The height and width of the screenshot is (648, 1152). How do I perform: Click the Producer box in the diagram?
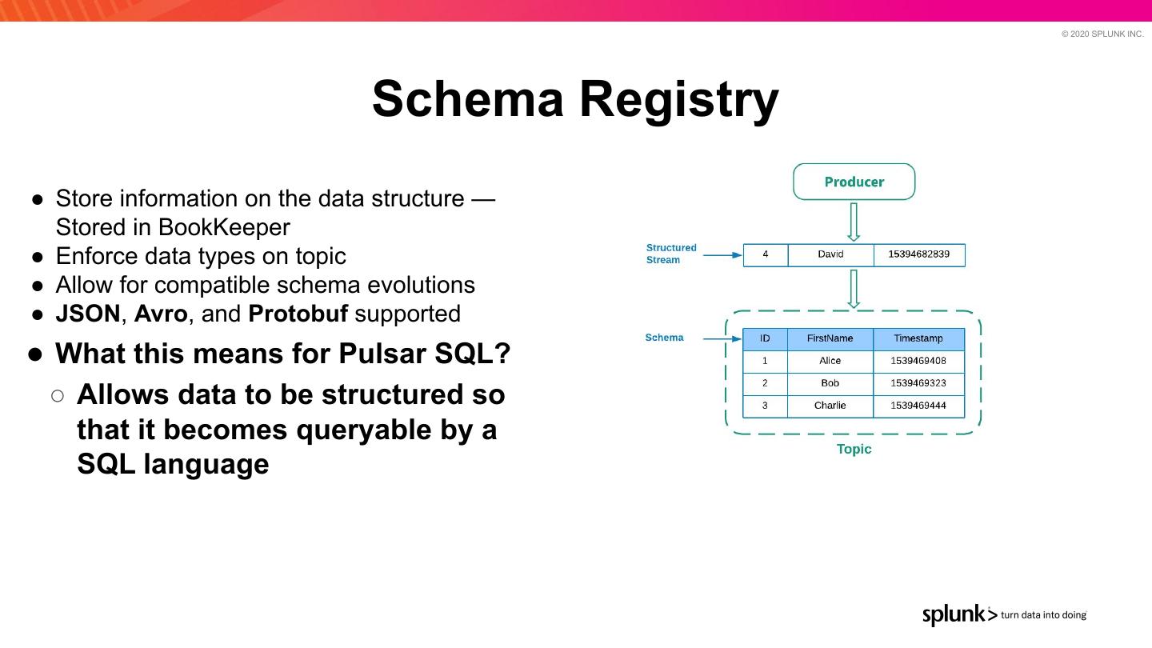pyautogui.click(x=854, y=182)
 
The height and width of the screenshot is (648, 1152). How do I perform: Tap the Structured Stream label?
pyautogui.click(x=671, y=254)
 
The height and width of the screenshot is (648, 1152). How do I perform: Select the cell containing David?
pyautogui.click(x=830, y=254)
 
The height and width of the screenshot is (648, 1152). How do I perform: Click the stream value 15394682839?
pyautogui.click(x=918, y=254)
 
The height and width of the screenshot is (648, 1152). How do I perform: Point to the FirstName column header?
pyautogui.click(x=830, y=338)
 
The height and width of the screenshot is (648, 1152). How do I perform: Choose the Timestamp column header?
pyautogui.click(x=918, y=338)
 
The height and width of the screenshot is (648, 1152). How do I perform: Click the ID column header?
pyautogui.click(x=765, y=338)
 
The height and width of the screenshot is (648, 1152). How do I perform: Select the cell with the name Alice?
pyautogui.click(x=830, y=361)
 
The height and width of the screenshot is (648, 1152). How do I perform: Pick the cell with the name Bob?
pyautogui.click(x=830, y=383)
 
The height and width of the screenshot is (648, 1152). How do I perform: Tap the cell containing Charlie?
pyautogui.click(x=830, y=406)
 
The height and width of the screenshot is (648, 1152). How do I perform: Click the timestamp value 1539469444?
pyautogui.click(x=918, y=406)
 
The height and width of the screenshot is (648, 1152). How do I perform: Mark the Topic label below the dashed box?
pyautogui.click(x=854, y=449)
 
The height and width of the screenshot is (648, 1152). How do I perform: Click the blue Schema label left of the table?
pyautogui.click(x=664, y=338)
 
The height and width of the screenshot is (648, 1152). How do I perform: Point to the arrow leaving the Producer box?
pyautogui.click(x=854, y=222)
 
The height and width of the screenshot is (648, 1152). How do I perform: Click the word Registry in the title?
pyautogui.click(x=678, y=99)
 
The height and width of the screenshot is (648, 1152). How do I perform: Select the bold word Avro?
pyautogui.click(x=161, y=314)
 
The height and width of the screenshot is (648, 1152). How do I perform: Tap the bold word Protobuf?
pyautogui.click(x=298, y=314)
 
